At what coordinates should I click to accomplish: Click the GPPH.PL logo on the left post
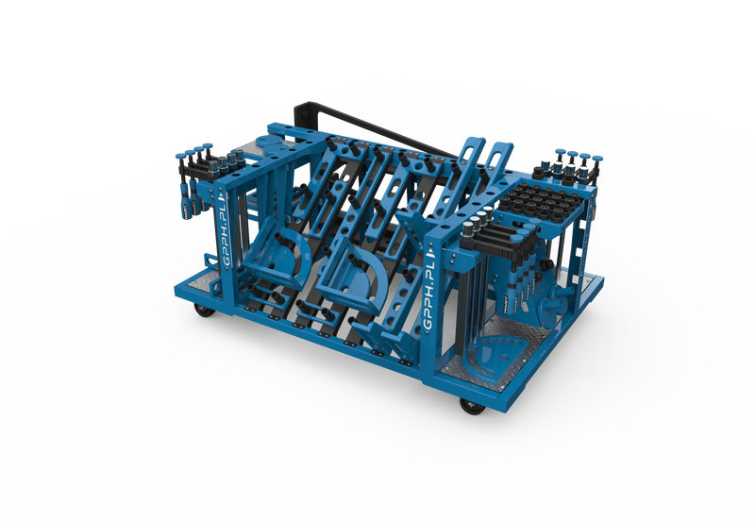click(x=229, y=228)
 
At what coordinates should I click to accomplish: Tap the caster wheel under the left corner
click(x=205, y=311)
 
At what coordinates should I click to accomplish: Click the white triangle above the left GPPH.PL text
click(x=222, y=197)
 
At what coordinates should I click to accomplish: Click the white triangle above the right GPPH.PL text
click(x=430, y=250)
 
